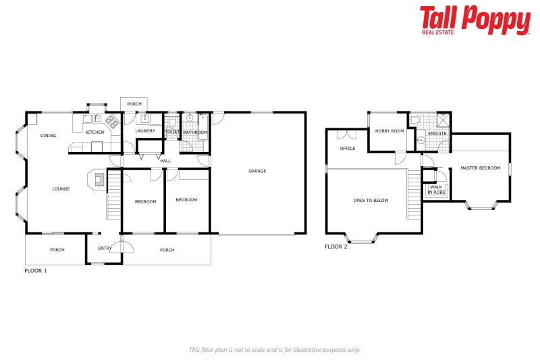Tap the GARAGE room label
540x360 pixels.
(x=257, y=171)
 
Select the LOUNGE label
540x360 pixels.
(x=61, y=188)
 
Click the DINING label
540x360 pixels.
(x=48, y=136)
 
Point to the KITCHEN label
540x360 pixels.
(x=94, y=132)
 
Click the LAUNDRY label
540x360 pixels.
(x=145, y=130)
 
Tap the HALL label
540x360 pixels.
(x=165, y=161)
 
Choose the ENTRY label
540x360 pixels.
(x=105, y=249)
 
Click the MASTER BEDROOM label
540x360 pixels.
(x=481, y=168)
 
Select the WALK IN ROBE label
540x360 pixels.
(x=437, y=190)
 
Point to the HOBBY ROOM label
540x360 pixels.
(x=389, y=130)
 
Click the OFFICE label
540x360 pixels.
(x=348, y=148)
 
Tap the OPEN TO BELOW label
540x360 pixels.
(x=371, y=200)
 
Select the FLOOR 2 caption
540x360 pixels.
(x=335, y=247)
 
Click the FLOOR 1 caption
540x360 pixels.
(x=36, y=270)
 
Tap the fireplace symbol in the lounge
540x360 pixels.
(x=99, y=180)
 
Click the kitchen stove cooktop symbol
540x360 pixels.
(x=112, y=122)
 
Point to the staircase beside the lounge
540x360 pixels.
(x=113, y=196)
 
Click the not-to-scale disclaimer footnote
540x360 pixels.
(x=275, y=349)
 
